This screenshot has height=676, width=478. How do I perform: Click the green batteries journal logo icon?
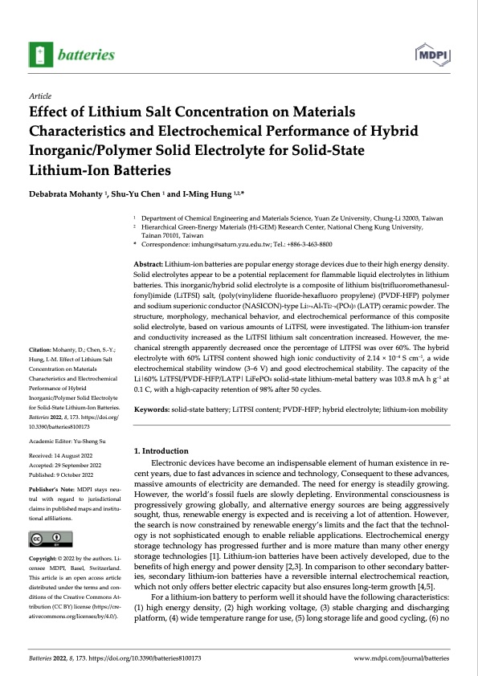[39, 55]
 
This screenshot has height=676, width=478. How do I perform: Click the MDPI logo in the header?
[433, 55]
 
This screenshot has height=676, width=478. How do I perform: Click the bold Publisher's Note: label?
[52, 488]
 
